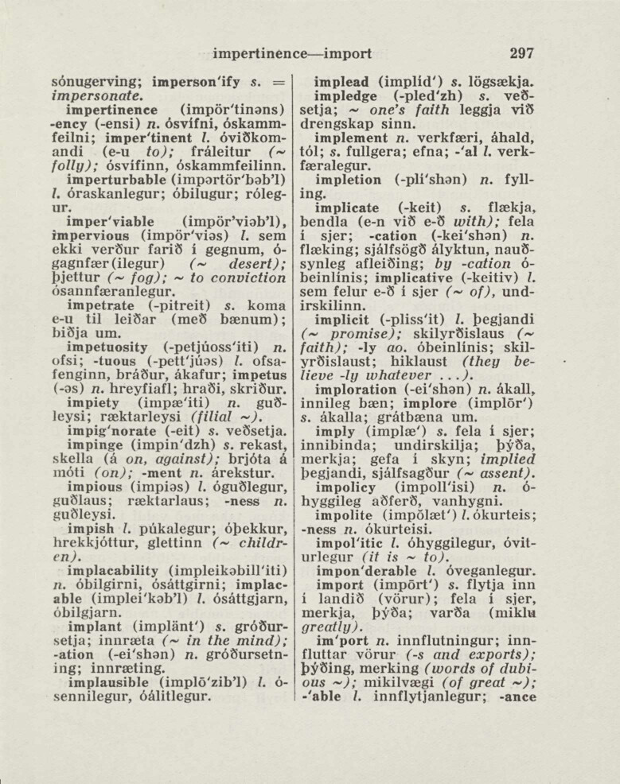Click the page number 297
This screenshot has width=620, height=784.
click(x=521, y=54)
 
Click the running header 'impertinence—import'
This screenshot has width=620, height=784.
click(x=293, y=54)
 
